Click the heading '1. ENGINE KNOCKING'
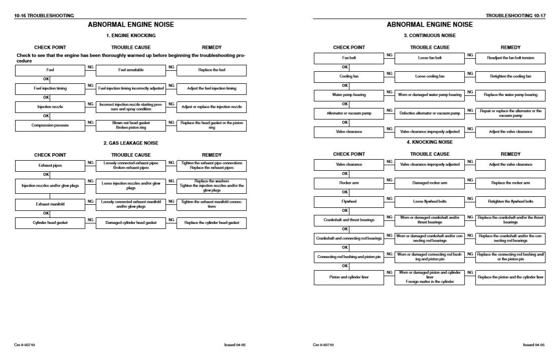click(131, 36)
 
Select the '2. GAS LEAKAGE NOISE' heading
click(131, 143)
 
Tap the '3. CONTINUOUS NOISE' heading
click(430, 36)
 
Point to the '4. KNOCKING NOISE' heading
click(430, 142)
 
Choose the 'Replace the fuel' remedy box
click(211, 70)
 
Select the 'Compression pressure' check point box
click(50, 125)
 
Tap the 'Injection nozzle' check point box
click(50, 107)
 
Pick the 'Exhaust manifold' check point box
click(50, 204)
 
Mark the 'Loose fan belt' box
click(430, 58)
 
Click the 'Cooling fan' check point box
click(348, 76)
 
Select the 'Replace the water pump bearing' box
click(510, 95)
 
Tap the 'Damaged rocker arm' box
click(430, 183)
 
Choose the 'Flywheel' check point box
click(348, 201)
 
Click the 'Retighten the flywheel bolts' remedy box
click(510, 201)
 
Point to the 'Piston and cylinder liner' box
click(348, 277)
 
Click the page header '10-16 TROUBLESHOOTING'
click(44, 16)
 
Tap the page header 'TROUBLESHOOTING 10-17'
click(515, 16)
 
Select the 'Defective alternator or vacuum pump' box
click(430, 113)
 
